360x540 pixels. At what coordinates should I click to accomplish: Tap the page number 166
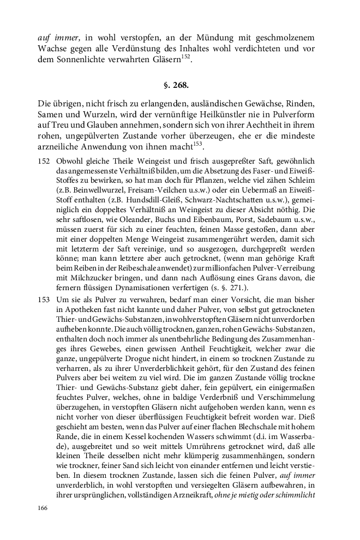tap(43, 508)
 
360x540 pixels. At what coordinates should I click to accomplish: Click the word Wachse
tap(53, 49)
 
